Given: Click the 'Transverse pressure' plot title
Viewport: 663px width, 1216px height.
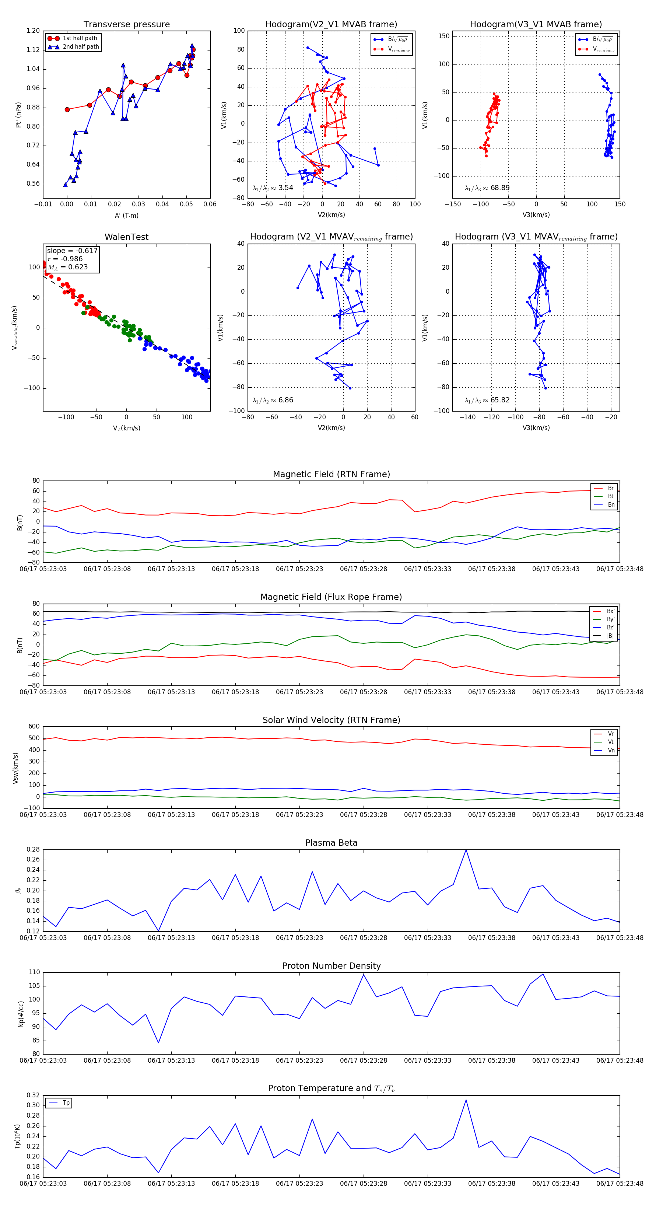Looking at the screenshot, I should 126,25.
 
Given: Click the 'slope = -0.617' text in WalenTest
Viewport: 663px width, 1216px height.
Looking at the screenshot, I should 72,251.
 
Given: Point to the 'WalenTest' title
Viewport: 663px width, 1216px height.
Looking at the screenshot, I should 126,237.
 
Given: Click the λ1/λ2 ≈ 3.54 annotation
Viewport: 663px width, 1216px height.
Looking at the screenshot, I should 273,188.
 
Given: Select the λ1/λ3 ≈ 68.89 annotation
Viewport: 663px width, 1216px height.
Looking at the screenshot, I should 487,188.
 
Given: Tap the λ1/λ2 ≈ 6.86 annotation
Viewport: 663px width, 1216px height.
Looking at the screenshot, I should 273,400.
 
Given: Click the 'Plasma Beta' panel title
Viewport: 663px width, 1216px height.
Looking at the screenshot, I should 331,843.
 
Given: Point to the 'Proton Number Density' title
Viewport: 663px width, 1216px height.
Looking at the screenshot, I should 331,966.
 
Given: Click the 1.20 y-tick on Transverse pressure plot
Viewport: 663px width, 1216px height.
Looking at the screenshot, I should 33,31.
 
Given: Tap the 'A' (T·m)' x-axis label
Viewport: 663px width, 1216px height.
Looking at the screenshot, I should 126,216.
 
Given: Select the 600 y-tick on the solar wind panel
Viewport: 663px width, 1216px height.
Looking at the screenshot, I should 34,727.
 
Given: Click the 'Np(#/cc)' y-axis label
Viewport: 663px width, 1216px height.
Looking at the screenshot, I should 21,1013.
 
